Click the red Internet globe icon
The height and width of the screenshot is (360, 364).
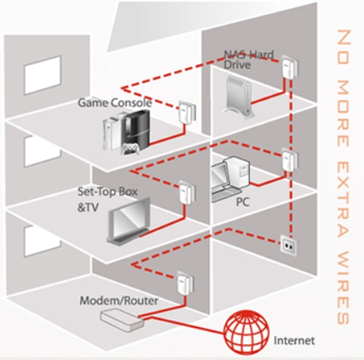coord(247,333)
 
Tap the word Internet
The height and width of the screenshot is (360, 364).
coord(294,340)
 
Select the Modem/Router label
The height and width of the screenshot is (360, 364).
coord(119,301)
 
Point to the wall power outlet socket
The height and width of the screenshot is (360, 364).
coord(288,246)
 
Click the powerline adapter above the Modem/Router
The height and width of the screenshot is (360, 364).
coord(186,283)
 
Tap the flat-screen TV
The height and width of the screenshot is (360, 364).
coord(129,222)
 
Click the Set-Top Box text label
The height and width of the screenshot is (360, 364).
coord(108,192)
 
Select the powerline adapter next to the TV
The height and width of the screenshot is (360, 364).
coord(187,193)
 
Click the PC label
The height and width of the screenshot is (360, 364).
coord(242,202)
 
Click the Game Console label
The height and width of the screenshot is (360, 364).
coord(115,103)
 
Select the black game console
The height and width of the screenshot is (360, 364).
coord(135,130)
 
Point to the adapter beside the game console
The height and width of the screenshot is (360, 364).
coord(187,113)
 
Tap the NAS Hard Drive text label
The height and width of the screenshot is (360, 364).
coord(248,60)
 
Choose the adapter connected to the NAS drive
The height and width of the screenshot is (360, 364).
coord(290,66)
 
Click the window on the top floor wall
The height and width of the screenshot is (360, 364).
coord(42,75)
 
